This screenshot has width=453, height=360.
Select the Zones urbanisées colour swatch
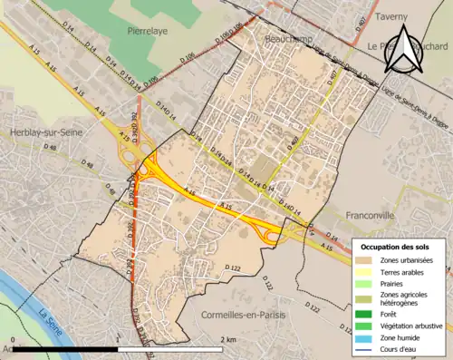(368, 261)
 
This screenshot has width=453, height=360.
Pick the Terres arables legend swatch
(368, 273)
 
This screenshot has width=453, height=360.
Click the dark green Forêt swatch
(368, 314)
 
